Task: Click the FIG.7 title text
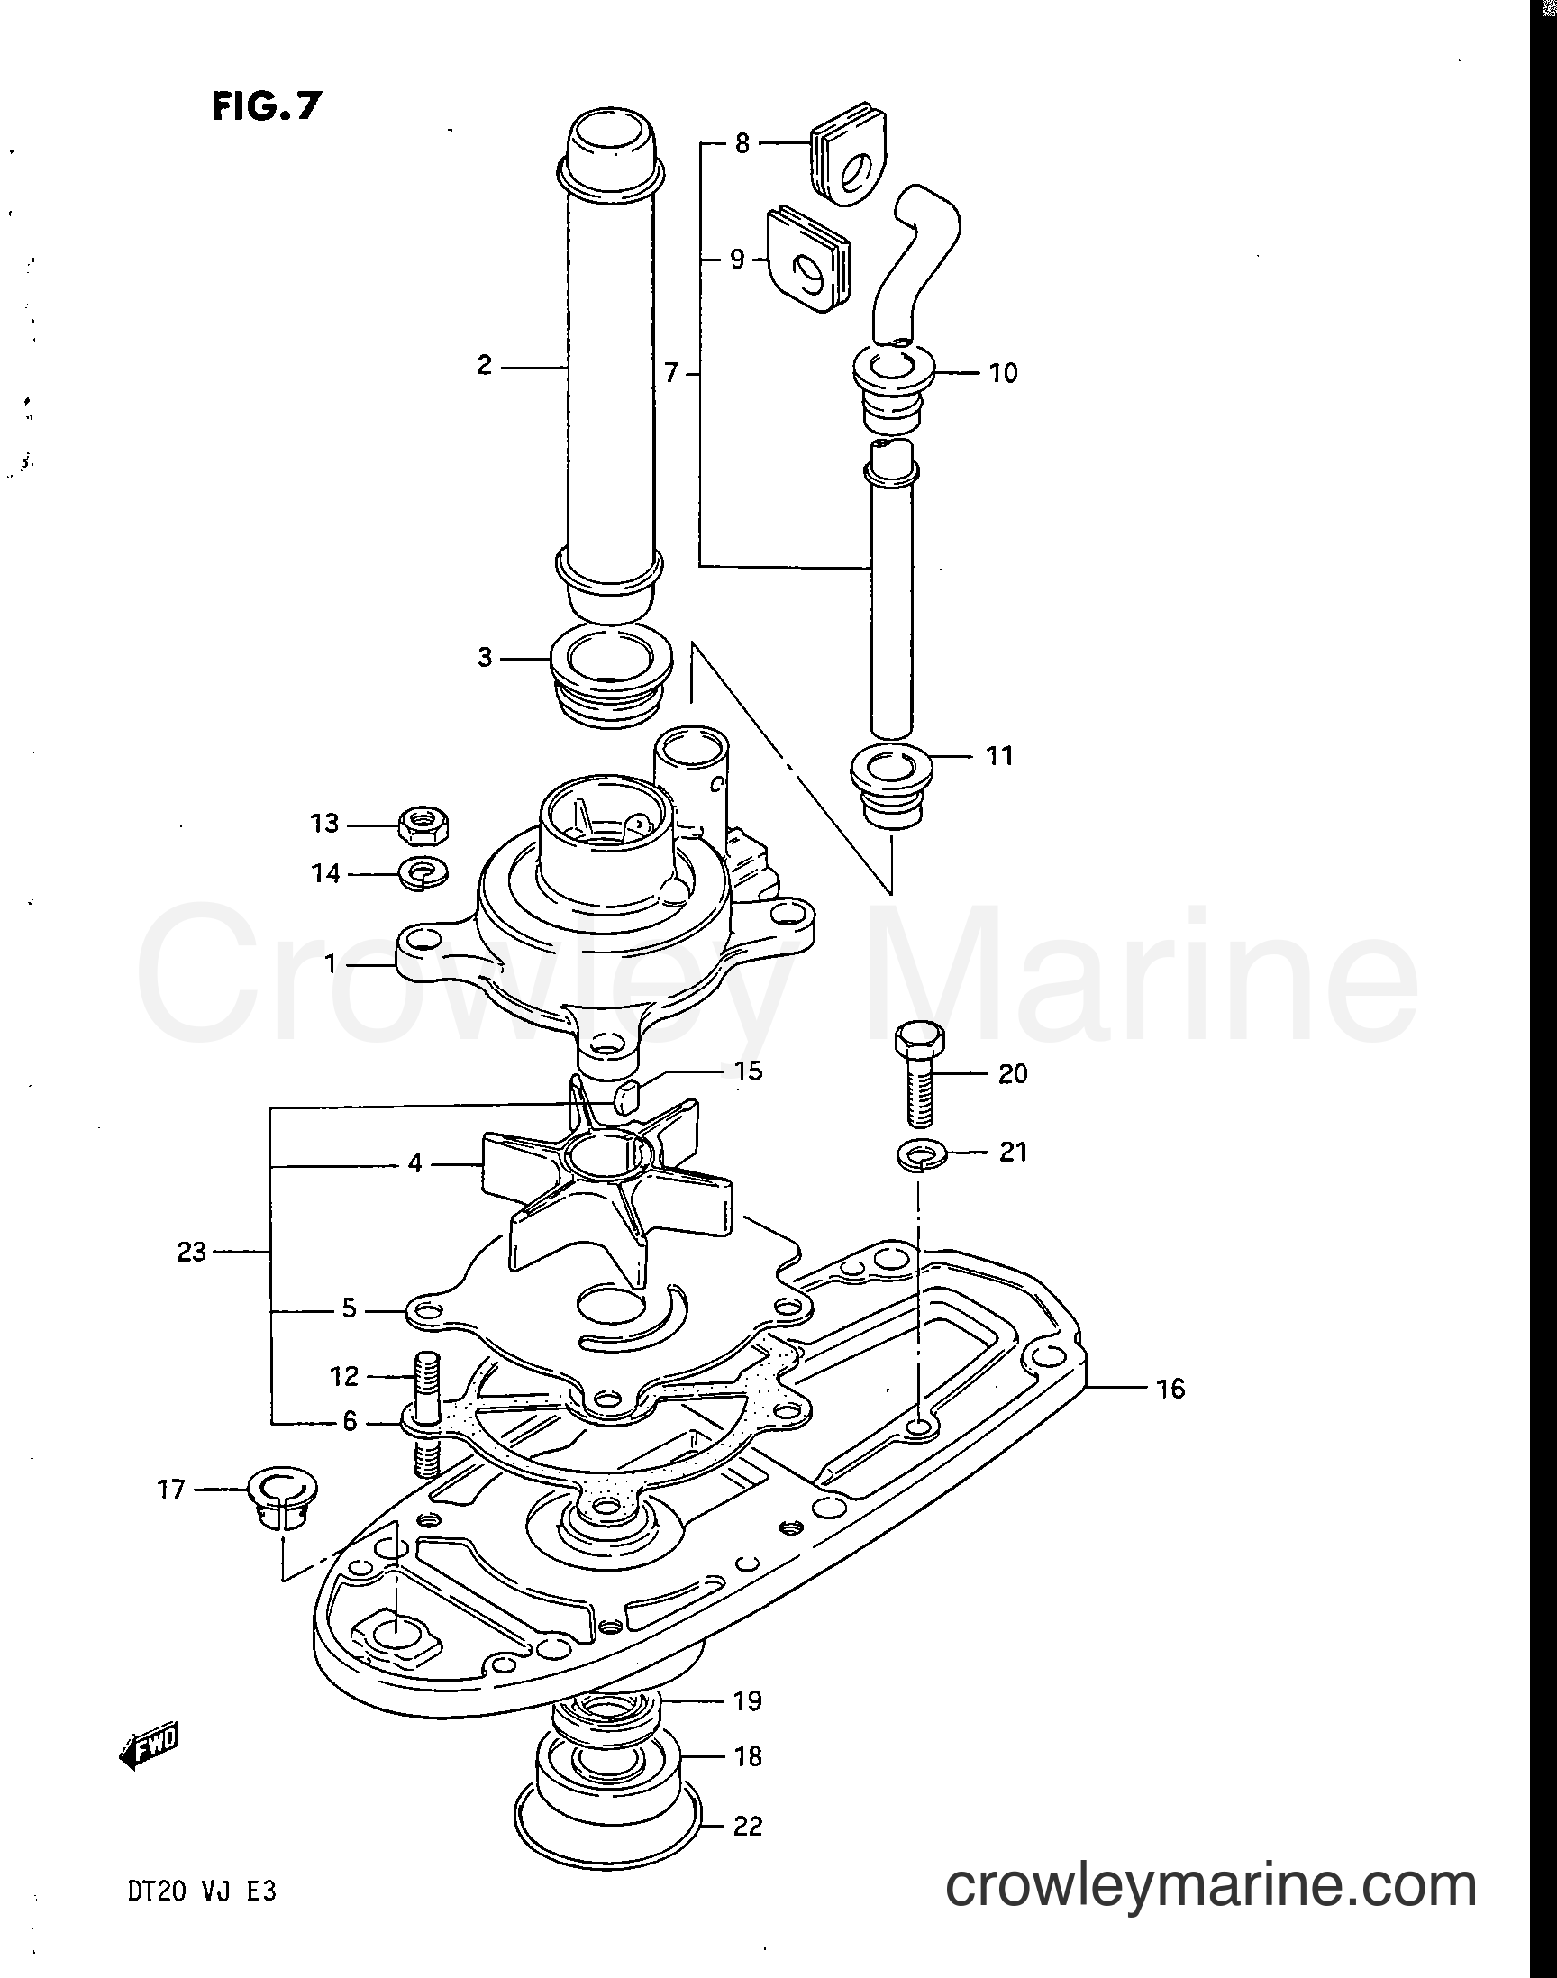[266, 106]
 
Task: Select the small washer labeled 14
[423, 873]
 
